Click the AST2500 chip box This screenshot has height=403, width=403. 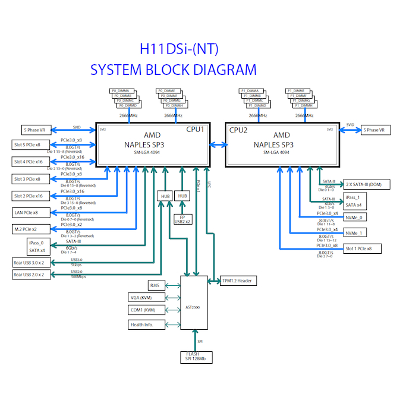(194, 303)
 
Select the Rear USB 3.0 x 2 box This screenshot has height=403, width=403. (32, 262)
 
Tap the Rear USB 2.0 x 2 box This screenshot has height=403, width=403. (32, 275)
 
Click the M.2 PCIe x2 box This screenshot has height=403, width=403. (32, 229)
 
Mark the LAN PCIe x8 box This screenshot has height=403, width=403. (32, 212)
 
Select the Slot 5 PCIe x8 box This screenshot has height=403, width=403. (32, 145)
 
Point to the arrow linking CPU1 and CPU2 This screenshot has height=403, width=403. (218, 144)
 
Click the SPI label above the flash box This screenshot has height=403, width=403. (201, 342)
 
